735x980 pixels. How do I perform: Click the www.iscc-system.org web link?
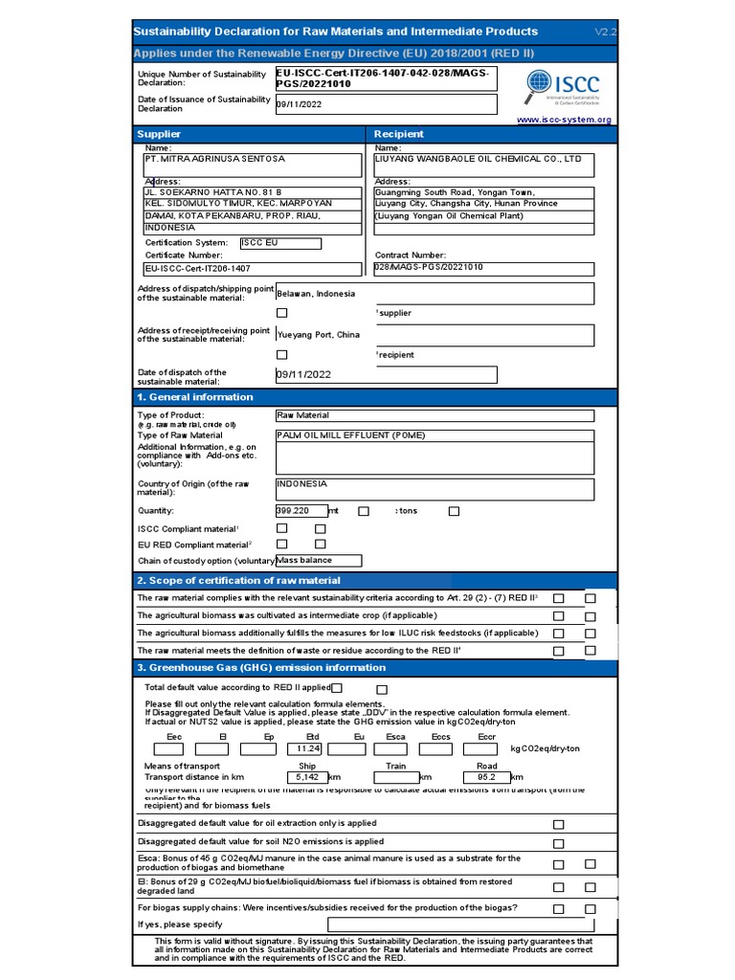[564, 120]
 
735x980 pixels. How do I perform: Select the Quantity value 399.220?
[301, 511]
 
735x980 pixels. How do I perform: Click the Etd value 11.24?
[308, 748]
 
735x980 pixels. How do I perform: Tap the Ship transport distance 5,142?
[307, 777]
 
